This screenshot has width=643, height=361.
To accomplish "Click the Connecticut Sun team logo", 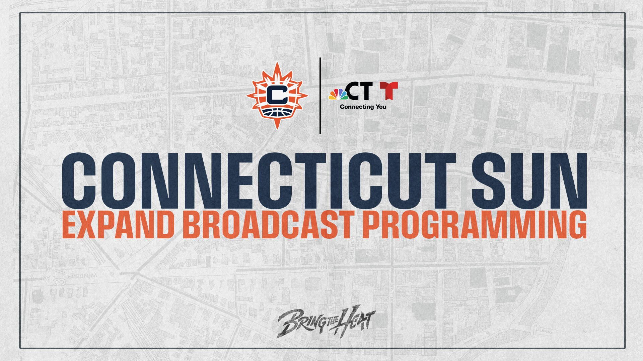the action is [277, 96].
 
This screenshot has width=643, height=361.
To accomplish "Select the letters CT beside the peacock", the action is [359, 91].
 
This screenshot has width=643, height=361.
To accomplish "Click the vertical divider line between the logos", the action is [320, 96].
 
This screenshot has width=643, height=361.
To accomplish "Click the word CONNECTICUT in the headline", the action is [258, 181].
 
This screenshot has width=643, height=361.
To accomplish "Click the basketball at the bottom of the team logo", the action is [277, 113].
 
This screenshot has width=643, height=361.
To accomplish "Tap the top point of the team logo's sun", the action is [277, 63].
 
